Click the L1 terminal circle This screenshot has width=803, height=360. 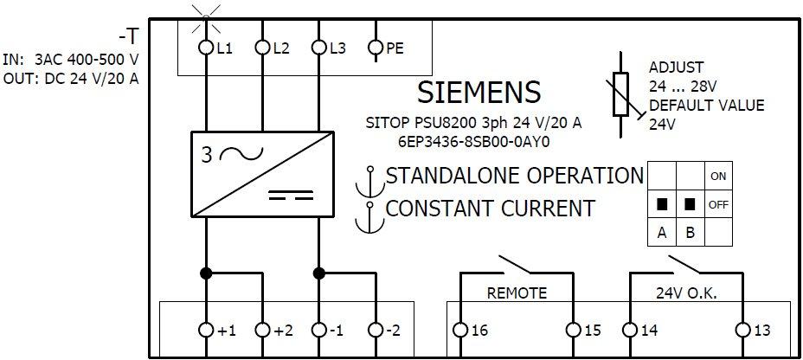(205, 48)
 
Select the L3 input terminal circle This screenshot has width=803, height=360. (318, 48)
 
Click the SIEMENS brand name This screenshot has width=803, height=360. (479, 93)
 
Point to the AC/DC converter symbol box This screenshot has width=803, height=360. (260, 173)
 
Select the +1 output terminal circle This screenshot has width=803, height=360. (205, 330)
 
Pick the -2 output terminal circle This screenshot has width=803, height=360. (375, 330)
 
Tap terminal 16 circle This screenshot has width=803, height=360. (459, 330)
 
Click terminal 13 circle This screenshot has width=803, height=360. (742, 330)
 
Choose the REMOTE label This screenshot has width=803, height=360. (517, 293)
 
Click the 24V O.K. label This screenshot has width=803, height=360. (687, 293)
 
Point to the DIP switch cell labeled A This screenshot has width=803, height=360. (662, 232)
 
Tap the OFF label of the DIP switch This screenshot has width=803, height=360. (717, 205)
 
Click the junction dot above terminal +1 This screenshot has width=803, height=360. (205, 273)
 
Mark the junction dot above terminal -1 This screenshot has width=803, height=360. (318, 273)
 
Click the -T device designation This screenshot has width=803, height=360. (127, 38)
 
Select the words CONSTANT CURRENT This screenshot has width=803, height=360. (490, 209)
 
